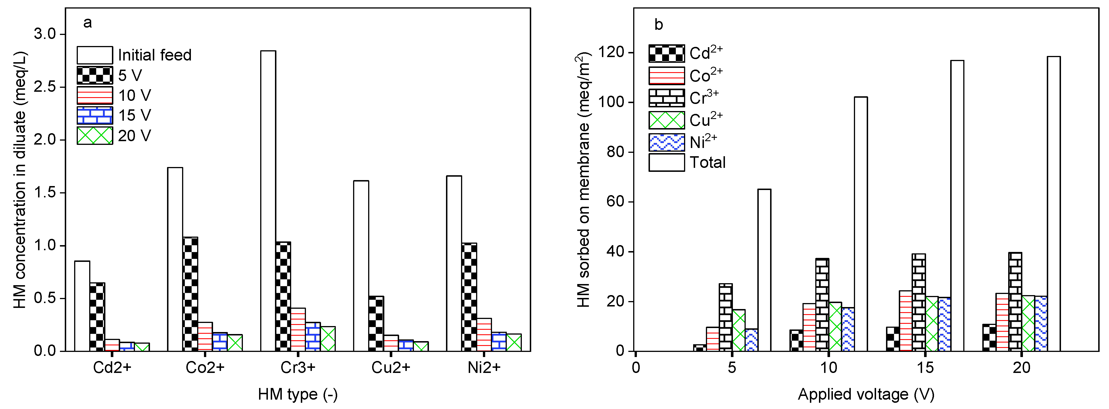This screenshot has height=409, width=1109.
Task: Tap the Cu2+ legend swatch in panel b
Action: click(x=666, y=120)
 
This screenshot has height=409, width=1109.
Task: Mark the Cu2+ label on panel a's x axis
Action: click(x=391, y=368)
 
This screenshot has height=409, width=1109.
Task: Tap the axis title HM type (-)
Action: click(x=298, y=394)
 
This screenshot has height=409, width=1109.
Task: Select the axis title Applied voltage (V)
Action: click(x=866, y=394)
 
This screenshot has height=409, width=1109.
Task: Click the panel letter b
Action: click(x=658, y=24)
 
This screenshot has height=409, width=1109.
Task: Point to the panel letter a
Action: click(x=87, y=22)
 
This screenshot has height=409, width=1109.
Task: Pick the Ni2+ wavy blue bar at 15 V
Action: click(x=945, y=324)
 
